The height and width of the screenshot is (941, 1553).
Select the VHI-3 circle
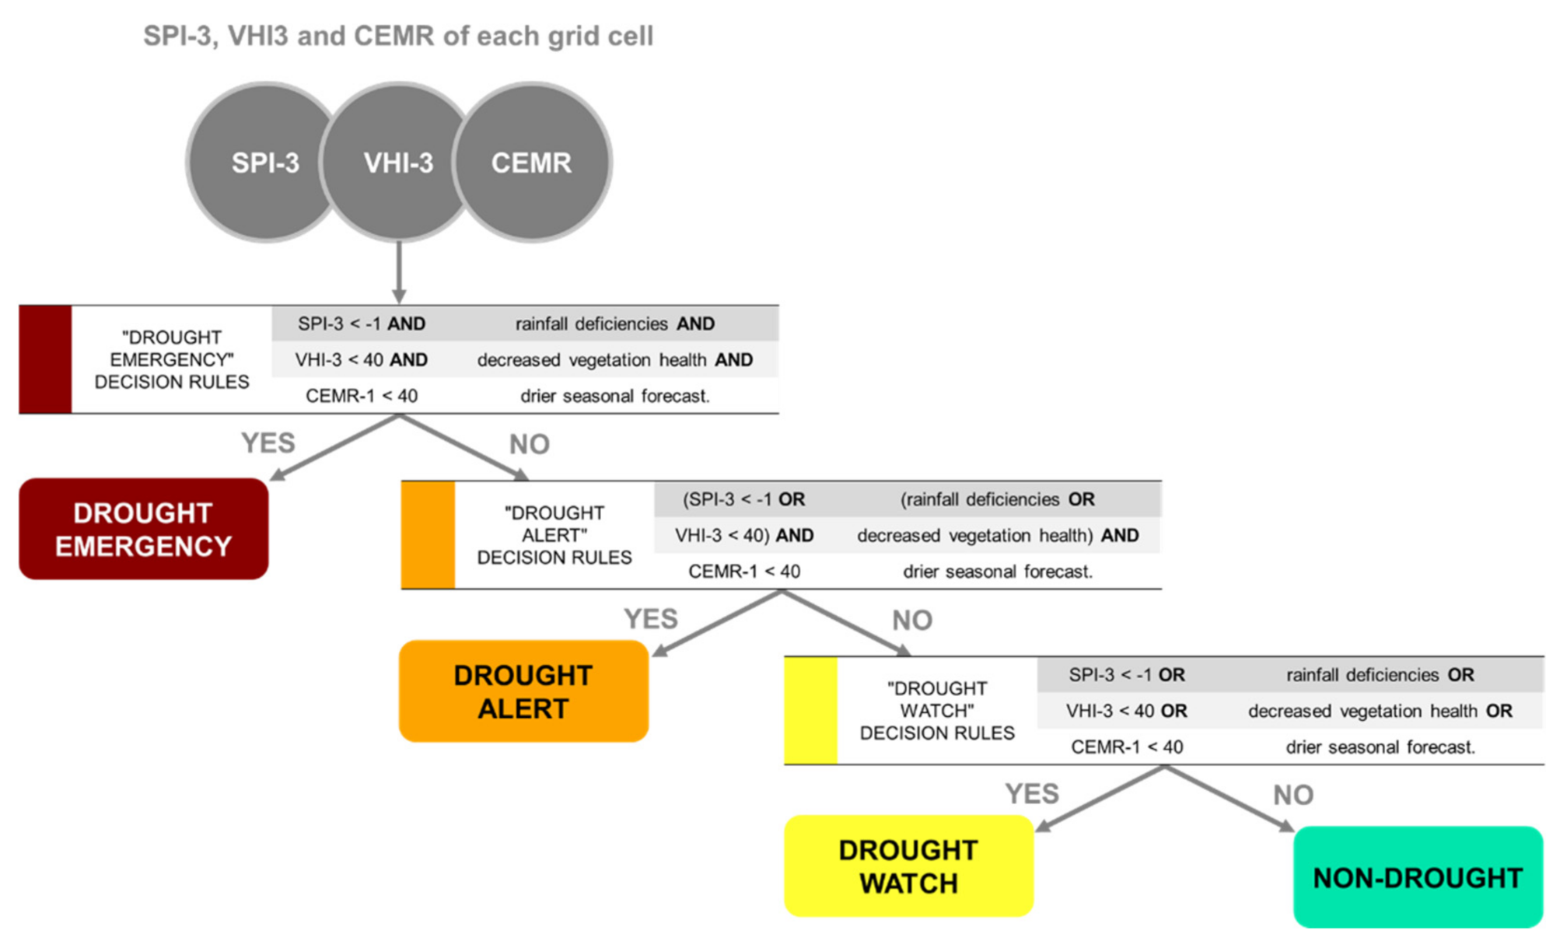coord(398,163)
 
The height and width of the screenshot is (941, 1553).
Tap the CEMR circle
coord(533,163)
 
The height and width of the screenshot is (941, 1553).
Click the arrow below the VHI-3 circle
coord(399,272)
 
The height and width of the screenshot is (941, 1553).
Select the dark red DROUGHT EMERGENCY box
coord(144,529)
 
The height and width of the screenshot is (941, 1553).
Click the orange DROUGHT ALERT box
coord(523,691)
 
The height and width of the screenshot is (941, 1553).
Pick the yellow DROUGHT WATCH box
coord(908,866)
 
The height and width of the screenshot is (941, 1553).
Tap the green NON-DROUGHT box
coord(1417,877)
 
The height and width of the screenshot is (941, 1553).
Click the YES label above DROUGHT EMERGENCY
coord(268,443)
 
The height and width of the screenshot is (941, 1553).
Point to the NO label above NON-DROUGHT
coord(1293,795)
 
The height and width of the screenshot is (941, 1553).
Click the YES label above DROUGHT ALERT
coord(651,619)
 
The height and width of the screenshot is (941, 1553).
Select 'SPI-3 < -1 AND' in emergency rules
coord(362,324)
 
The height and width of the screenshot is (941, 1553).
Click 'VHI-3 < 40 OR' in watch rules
coord(1126,711)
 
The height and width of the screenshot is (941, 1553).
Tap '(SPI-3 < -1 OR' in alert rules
coord(744,499)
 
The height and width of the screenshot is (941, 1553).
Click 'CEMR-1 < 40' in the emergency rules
coord(362,396)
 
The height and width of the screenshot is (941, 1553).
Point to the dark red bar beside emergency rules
coord(45,359)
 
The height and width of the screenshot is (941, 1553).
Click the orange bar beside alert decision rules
coord(428,535)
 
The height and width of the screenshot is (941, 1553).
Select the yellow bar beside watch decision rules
coord(810,710)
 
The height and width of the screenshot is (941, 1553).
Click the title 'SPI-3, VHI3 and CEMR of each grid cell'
coord(398,36)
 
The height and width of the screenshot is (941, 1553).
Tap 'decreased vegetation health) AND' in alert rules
coord(998,535)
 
